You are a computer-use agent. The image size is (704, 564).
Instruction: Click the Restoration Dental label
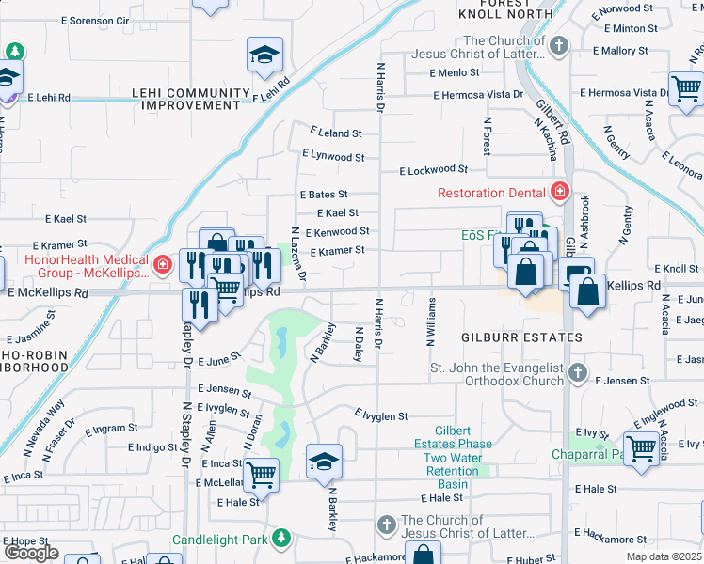point(491,193)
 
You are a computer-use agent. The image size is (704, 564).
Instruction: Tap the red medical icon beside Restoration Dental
point(560,193)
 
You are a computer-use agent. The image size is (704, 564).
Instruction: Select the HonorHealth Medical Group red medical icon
point(163,265)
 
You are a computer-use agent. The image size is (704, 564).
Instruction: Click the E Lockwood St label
point(433,170)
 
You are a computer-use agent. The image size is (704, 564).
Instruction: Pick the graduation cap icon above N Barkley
point(324,462)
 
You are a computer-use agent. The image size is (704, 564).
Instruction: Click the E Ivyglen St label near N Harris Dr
point(381,415)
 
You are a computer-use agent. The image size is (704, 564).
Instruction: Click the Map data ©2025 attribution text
point(664,556)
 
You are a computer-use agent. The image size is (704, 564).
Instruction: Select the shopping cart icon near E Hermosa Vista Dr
point(686,89)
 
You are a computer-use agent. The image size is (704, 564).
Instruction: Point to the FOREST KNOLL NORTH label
point(494,9)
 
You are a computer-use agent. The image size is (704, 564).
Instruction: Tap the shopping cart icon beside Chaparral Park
point(641,448)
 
